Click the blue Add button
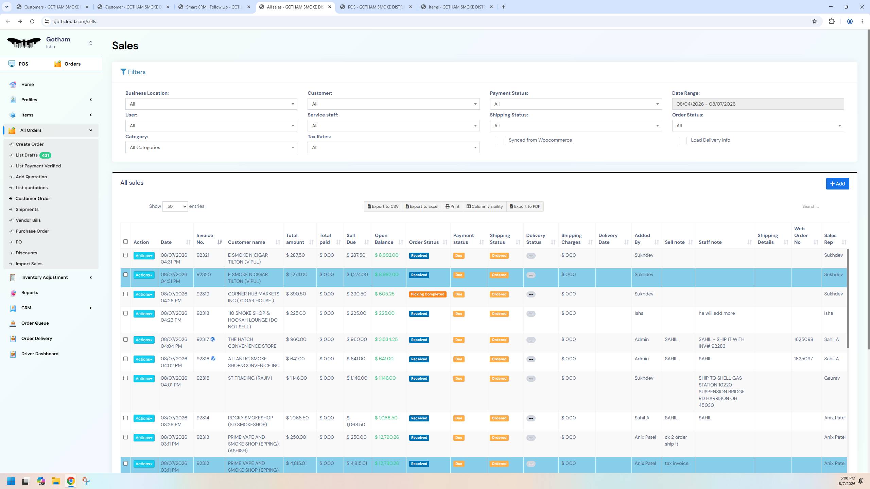(x=837, y=184)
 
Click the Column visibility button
(x=484, y=206)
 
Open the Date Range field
(x=758, y=104)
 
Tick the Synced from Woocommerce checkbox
(x=500, y=140)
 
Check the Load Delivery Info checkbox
(x=682, y=140)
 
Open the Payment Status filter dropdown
(x=576, y=104)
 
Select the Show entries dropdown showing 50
(x=175, y=206)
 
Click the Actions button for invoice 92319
(x=144, y=294)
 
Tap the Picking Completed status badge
(x=428, y=294)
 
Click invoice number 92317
(x=203, y=339)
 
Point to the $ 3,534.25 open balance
(x=386, y=339)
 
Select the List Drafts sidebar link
(x=27, y=155)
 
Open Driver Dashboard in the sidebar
(x=40, y=354)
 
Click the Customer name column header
(x=246, y=242)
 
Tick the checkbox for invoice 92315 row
(x=125, y=378)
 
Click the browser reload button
(x=32, y=21)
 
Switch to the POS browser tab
(x=376, y=7)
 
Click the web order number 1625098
(x=803, y=339)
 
